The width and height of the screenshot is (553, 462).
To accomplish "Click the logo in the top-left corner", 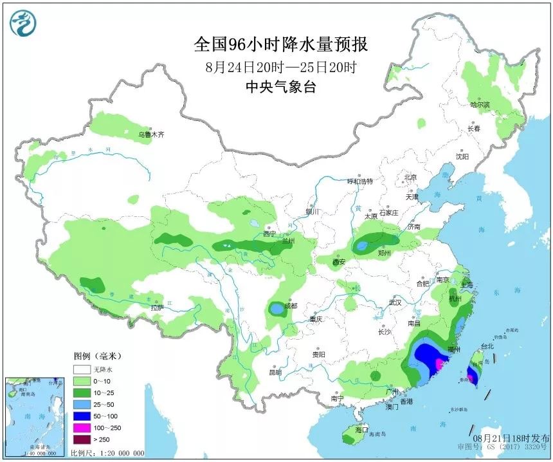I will (x=23, y=23).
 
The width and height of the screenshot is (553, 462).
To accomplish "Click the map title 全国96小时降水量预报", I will (x=280, y=44).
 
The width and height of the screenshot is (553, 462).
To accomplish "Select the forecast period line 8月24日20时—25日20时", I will (x=281, y=66).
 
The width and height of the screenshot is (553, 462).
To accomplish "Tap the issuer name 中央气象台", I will (x=281, y=88).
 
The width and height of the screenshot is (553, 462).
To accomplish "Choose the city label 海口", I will (x=361, y=429).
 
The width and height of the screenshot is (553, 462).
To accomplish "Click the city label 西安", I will (x=339, y=262).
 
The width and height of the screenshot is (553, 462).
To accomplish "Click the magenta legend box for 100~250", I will (x=82, y=428).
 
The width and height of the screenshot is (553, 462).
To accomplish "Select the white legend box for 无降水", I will (x=82, y=370).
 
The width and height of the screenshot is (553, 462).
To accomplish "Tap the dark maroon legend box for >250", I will (x=82, y=439).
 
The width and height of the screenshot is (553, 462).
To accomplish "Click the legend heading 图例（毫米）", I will (x=97, y=356).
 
